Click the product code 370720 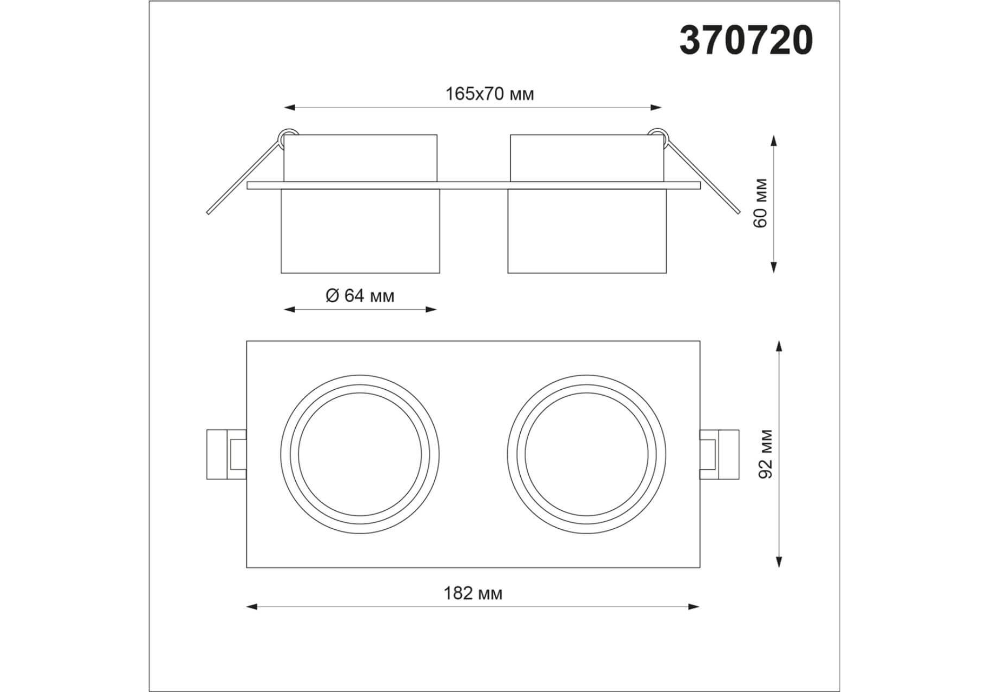click(746, 41)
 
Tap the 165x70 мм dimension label click(489, 94)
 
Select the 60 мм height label click(761, 203)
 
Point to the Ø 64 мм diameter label click(360, 296)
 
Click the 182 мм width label click(473, 594)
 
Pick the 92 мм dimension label click(766, 454)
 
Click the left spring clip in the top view click(227, 454)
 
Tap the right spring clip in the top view click(719, 454)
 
